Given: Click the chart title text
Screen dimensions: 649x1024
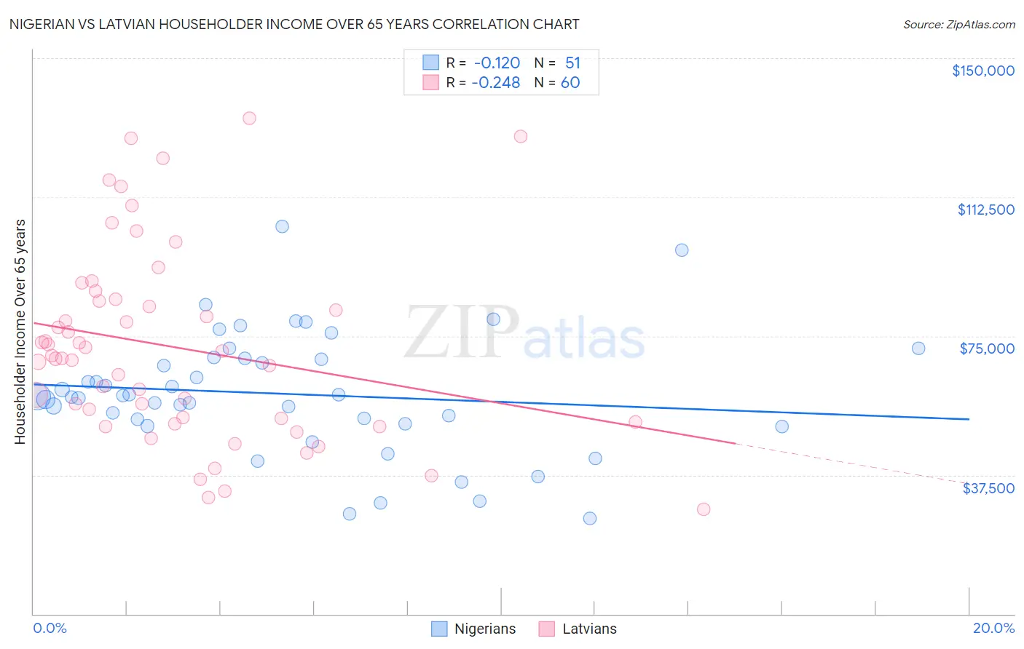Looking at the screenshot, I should (294, 24).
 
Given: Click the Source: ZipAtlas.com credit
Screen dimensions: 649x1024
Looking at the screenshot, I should (958, 24).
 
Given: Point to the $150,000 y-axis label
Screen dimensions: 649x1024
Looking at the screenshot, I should (982, 71).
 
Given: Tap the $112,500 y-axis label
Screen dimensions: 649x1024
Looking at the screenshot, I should (985, 210).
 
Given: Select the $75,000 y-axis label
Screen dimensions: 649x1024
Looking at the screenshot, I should (987, 349).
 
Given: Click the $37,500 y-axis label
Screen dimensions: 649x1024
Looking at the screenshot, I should (988, 488).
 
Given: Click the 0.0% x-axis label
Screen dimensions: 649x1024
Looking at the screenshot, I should (50, 628).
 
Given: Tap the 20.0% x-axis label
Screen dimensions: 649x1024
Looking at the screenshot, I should (993, 628).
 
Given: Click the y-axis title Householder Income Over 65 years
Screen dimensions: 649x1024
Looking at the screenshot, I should (20, 332).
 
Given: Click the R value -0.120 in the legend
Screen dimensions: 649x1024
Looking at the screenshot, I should (497, 63).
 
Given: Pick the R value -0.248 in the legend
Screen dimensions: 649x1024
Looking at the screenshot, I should (496, 83).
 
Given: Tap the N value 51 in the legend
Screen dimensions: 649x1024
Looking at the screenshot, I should (572, 63).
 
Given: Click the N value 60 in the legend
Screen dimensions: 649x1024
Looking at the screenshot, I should (570, 83).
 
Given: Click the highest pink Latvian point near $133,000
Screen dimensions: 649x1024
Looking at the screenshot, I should (249, 118).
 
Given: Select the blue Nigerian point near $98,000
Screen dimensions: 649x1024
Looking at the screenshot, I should (682, 250).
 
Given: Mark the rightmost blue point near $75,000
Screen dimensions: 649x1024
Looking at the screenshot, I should (918, 349).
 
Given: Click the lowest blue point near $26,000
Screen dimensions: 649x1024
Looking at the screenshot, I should (590, 519).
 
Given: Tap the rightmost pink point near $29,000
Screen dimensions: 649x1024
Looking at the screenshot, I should (704, 509).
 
